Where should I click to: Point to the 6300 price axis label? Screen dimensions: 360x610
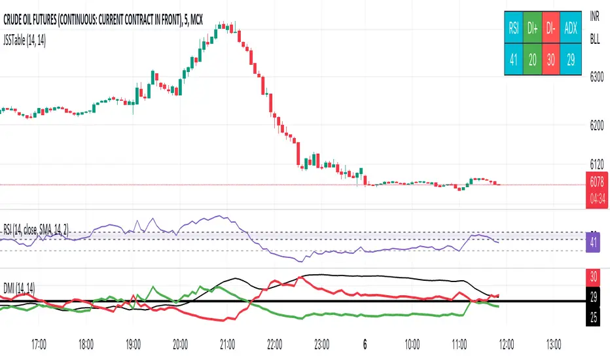(x=596, y=78)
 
